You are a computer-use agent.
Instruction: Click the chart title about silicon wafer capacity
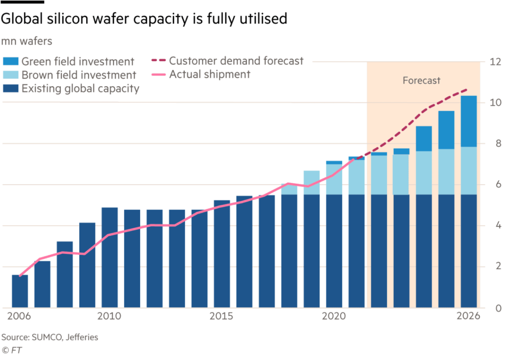coord(144,19)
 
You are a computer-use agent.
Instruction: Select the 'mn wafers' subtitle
coord(27,42)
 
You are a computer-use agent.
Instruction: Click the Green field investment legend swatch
coord(11,61)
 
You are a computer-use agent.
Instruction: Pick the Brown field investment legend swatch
coord(11,75)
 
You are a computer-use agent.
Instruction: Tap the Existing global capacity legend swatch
coord(11,89)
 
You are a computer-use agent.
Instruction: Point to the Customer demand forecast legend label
coord(236,61)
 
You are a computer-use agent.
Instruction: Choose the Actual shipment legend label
coord(209,75)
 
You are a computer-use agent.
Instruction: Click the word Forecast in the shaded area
coord(421,80)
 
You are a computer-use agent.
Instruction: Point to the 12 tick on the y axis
coord(495,62)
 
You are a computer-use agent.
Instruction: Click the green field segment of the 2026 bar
coord(468,121)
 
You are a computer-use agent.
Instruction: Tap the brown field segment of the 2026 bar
coord(468,171)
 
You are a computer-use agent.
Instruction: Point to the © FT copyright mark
coord(12,350)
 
